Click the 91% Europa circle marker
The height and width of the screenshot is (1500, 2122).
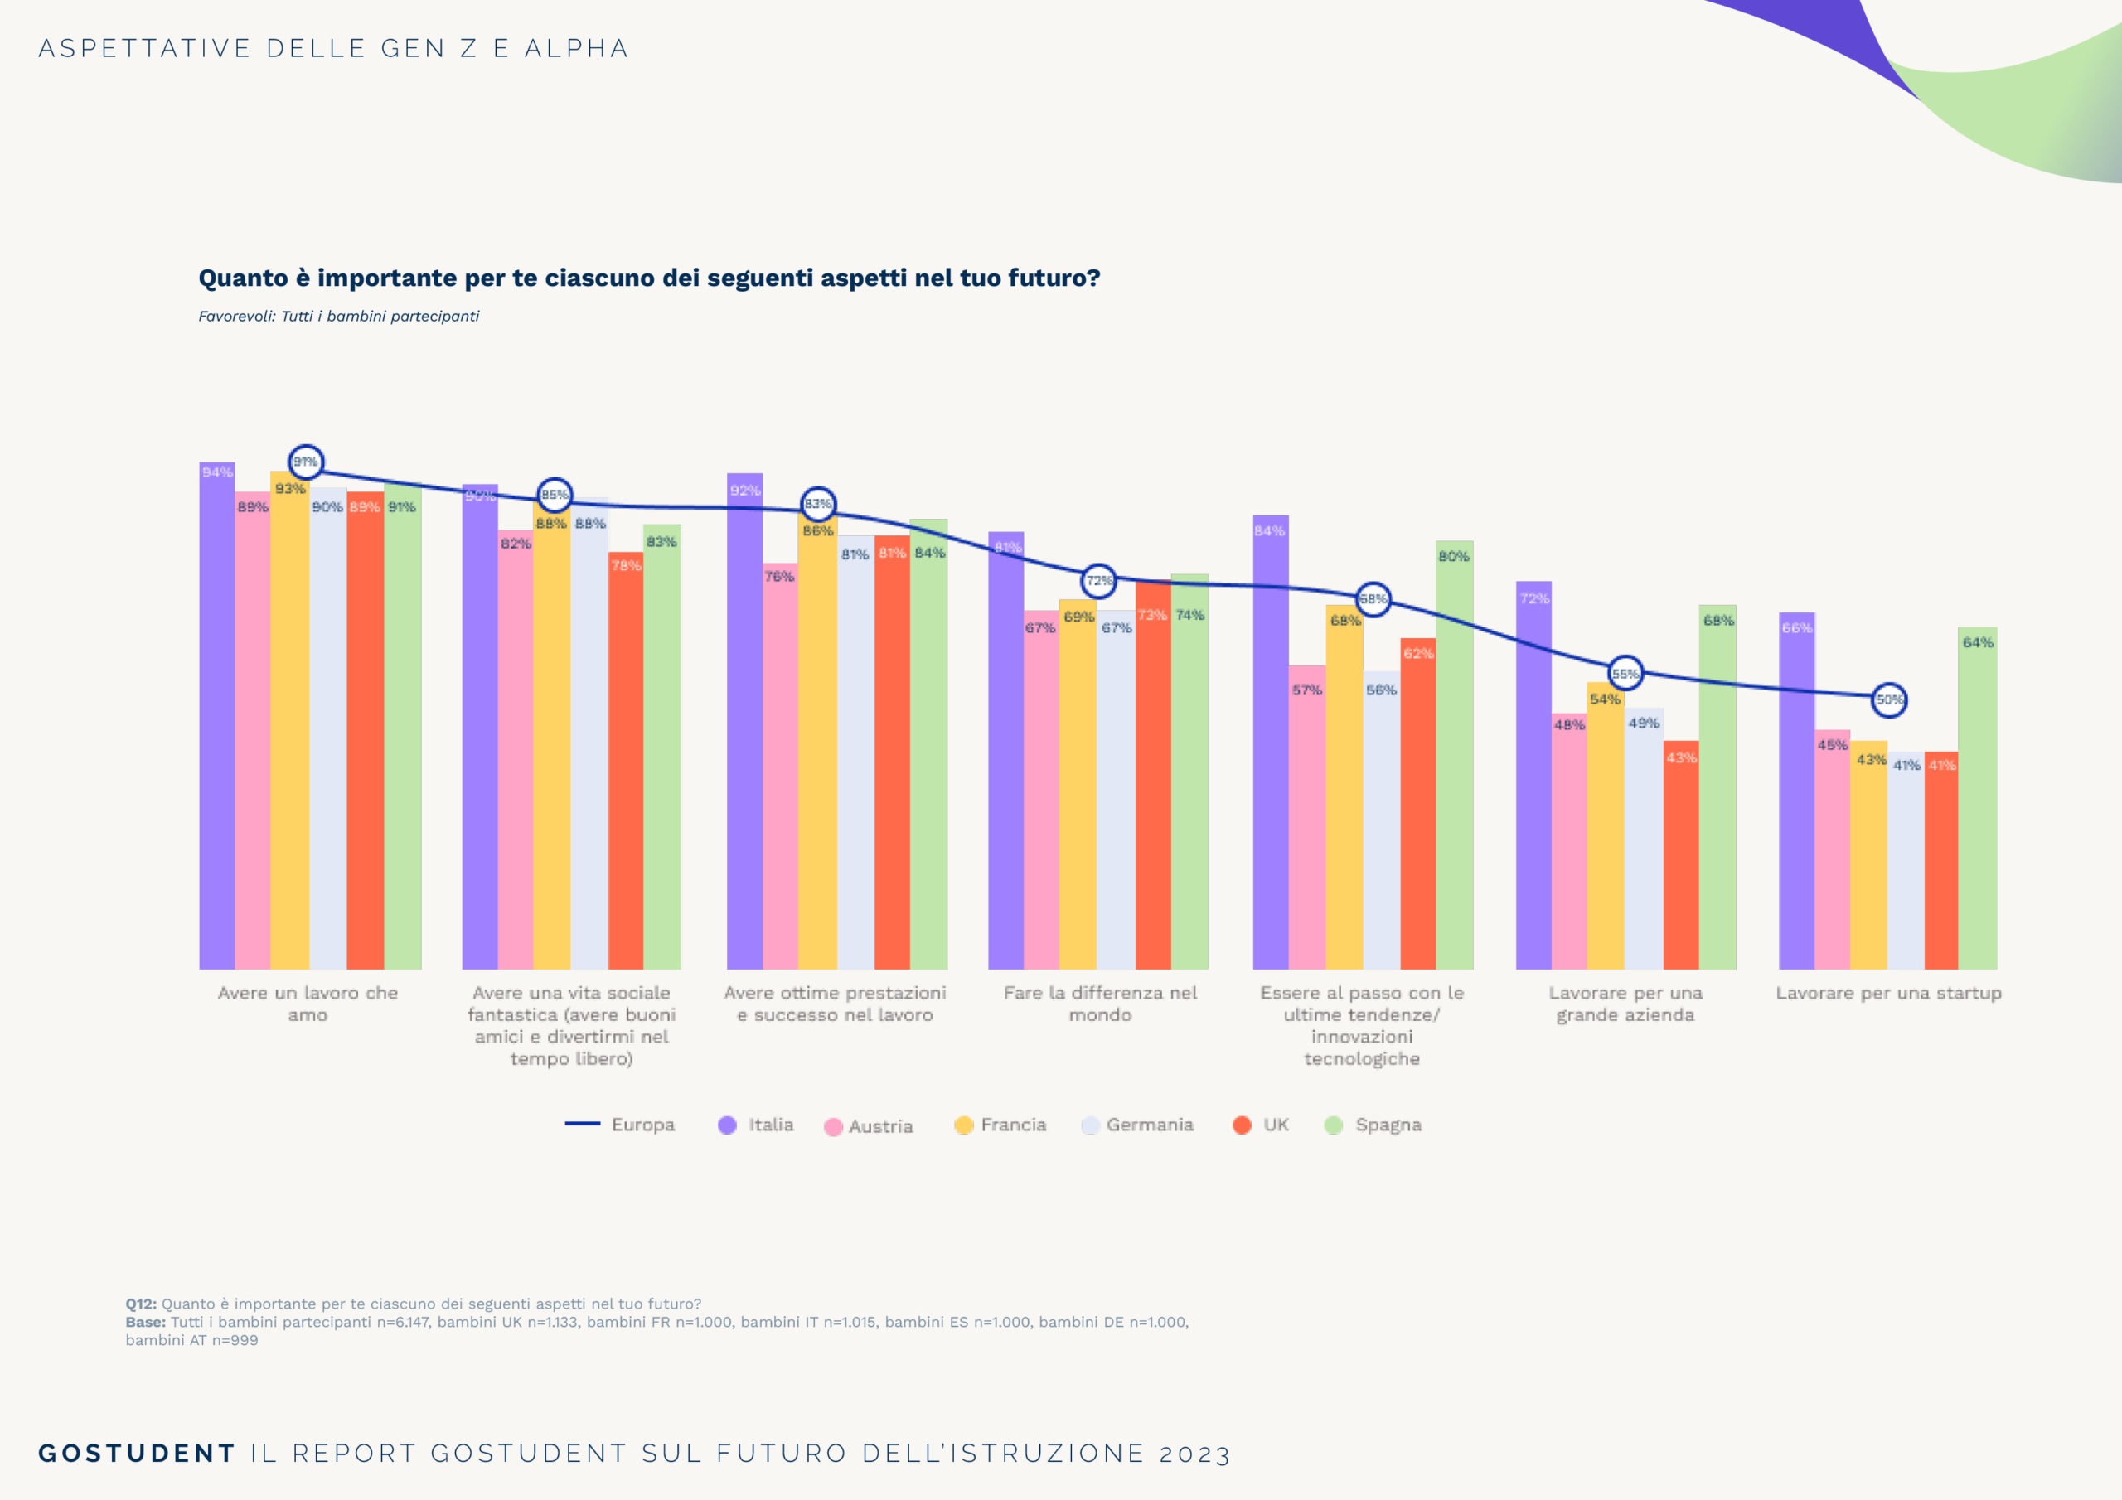tap(306, 461)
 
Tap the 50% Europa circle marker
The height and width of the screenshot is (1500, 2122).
tap(1889, 699)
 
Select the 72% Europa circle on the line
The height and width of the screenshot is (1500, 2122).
tap(1098, 581)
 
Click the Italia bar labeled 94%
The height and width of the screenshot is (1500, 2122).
tap(217, 716)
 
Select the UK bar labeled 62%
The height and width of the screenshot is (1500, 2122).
tap(1417, 804)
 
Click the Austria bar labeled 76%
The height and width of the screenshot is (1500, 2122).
tap(779, 767)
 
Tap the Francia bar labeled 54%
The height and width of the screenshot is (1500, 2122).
tap(1606, 825)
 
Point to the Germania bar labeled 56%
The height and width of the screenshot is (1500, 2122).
tap(1381, 820)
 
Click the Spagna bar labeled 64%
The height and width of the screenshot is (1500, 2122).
tap(1977, 799)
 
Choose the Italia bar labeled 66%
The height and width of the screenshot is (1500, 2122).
tap(1797, 791)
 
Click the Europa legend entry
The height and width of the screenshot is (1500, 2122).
tap(620, 1125)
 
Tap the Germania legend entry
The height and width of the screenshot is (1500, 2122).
tap(1138, 1125)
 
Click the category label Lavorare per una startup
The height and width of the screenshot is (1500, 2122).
tap(1888, 994)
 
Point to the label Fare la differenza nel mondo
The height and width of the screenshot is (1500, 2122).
tap(1100, 1004)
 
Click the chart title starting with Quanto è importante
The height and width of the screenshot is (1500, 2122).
tap(649, 278)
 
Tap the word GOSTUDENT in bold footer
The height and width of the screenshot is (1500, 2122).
tap(137, 1453)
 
